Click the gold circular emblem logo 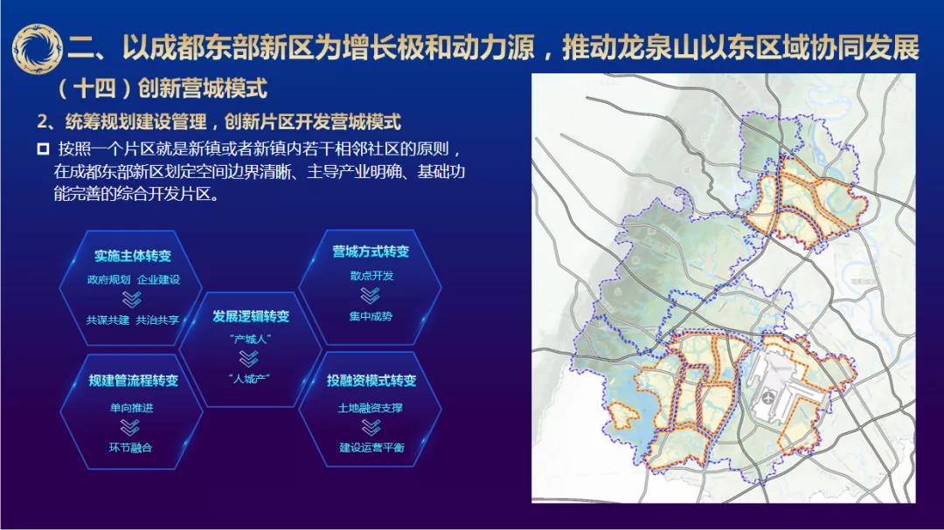[x=37, y=48]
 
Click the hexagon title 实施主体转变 [x=133, y=256]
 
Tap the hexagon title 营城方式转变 [x=371, y=251]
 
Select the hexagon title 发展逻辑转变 [x=251, y=316]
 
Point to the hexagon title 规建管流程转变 [x=133, y=380]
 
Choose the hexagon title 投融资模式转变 [x=371, y=380]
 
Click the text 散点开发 [x=371, y=276]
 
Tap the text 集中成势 [x=371, y=316]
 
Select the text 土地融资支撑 [x=371, y=408]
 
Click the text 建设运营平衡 [x=371, y=448]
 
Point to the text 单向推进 [x=131, y=408]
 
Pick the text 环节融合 [x=130, y=448]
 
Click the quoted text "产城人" [x=251, y=340]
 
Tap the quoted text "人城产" [x=249, y=379]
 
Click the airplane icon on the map [x=768, y=398]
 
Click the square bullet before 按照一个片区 [x=43, y=148]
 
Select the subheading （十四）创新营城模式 [x=162, y=88]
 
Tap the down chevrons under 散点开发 [x=371, y=296]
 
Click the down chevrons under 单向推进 [x=130, y=428]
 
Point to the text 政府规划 [x=108, y=279]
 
